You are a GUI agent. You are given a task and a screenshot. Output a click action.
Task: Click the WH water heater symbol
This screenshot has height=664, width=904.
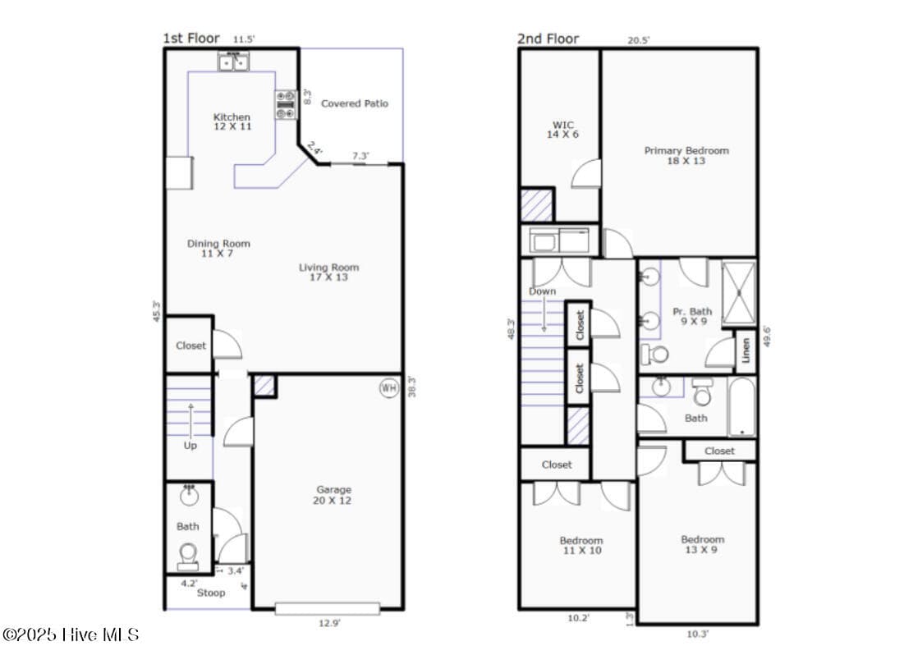point(388,388)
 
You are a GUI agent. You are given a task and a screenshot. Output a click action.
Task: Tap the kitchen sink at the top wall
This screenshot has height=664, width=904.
point(233,61)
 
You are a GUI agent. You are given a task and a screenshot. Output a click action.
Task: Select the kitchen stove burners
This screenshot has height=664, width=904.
point(286,105)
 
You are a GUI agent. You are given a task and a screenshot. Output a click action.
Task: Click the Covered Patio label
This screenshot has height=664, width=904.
point(355,103)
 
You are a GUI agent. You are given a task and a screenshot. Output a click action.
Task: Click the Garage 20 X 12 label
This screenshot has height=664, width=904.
point(333,495)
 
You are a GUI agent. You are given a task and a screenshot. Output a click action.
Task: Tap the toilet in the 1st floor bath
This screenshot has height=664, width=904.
point(189,553)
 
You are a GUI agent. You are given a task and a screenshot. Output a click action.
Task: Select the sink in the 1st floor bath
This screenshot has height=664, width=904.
point(189,494)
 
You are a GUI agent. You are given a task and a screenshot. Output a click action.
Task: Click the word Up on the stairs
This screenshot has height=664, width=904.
point(190,446)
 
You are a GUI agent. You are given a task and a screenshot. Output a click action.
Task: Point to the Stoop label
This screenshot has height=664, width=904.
point(211,593)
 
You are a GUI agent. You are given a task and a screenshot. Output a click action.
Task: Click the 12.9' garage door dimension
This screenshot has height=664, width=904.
point(329,623)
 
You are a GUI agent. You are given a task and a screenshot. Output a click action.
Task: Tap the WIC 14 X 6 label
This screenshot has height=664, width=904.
point(562,130)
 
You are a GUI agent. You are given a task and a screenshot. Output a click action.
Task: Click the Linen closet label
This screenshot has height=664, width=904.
point(746,350)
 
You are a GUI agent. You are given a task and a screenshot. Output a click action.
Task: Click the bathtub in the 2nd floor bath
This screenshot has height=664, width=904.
point(741,407)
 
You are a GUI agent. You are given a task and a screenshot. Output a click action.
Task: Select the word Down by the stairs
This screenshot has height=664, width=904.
point(543,291)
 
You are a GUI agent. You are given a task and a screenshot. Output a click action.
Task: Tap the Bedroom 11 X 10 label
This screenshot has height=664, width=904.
point(581,545)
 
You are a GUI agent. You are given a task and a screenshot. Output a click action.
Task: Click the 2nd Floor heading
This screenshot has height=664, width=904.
point(548,39)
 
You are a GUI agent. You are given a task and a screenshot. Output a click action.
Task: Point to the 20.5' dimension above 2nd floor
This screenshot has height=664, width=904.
point(639,40)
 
